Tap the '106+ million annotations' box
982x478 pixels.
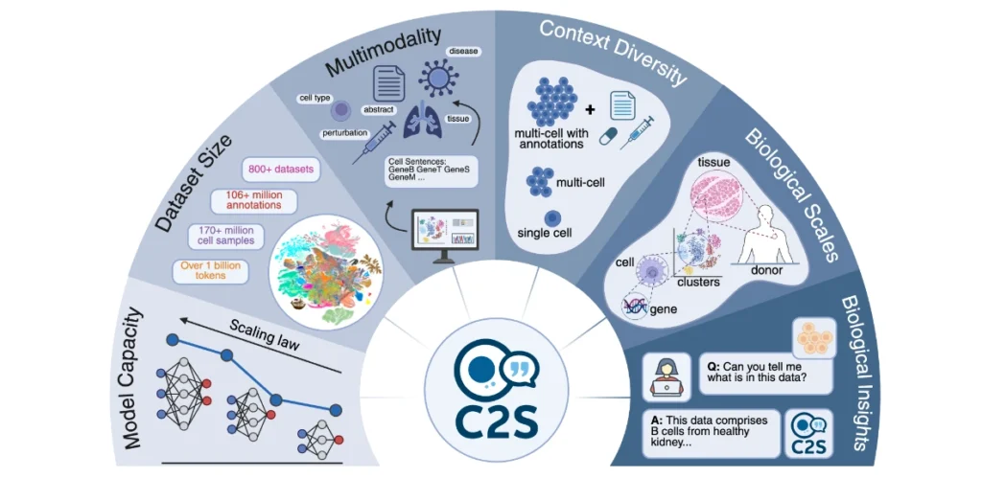(x=253, y=201)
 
